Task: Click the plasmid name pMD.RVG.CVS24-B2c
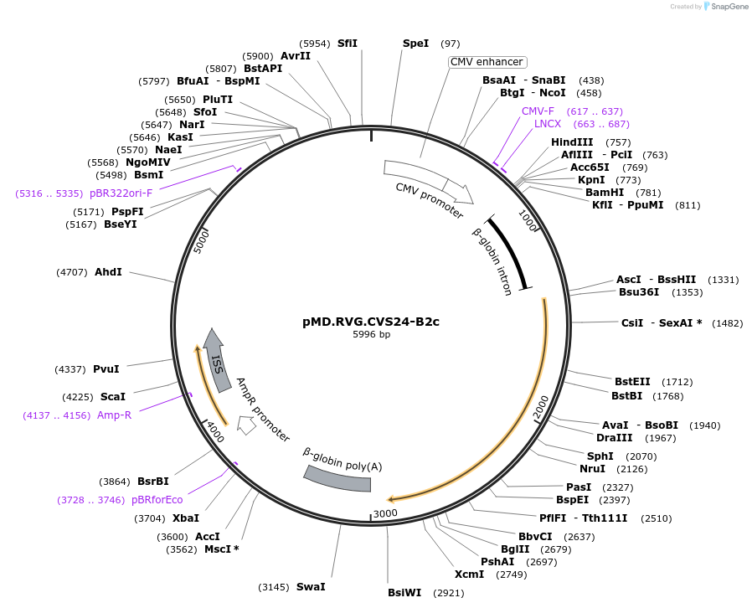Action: (x=371, y=322)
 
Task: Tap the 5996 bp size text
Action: (x=371, y=334)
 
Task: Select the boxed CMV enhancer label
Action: (x=487, y=62)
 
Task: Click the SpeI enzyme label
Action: (x=415, y=43)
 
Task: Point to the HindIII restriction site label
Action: (x=572, y=142)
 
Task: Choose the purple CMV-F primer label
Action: (x=538, y=111)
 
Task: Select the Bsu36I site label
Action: (x=639, y=292)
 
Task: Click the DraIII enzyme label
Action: (x=614, y=438)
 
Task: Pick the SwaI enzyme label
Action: (x=311, y=587)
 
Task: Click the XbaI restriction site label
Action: (x=186, y=518)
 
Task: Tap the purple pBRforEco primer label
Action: (x=157, y=500)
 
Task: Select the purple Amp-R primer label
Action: (x=114, y=415)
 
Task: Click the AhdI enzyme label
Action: (x=108, y=272)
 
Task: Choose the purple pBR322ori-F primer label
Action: (x=121, y=193)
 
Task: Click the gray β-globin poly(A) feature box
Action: (x=337, y=479)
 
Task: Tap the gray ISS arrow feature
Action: (x=217, y=361)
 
